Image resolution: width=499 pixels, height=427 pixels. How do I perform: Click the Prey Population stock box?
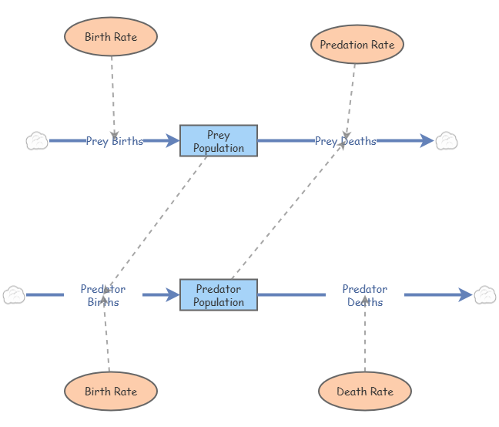219,141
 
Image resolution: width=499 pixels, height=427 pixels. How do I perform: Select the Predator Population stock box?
219,295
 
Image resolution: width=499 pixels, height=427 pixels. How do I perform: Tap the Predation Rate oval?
357,45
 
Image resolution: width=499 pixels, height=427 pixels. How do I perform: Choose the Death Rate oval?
364,392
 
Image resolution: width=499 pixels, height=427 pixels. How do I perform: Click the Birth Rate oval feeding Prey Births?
111,37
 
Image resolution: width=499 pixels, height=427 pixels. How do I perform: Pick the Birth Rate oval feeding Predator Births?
111,392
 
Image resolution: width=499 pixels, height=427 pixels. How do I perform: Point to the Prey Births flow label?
114,141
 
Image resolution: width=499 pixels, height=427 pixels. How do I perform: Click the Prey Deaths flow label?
345,141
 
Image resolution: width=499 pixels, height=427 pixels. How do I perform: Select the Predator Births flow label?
103,295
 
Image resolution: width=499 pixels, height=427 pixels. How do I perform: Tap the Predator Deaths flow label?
365,295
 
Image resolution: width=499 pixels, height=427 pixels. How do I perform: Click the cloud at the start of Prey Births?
37,141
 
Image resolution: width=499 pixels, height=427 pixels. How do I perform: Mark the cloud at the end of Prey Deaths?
447,140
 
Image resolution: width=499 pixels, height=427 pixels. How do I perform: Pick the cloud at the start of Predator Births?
14,294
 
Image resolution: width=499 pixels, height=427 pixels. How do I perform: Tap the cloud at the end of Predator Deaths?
484,294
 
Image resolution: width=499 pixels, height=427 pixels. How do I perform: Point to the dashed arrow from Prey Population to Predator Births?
158,216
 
